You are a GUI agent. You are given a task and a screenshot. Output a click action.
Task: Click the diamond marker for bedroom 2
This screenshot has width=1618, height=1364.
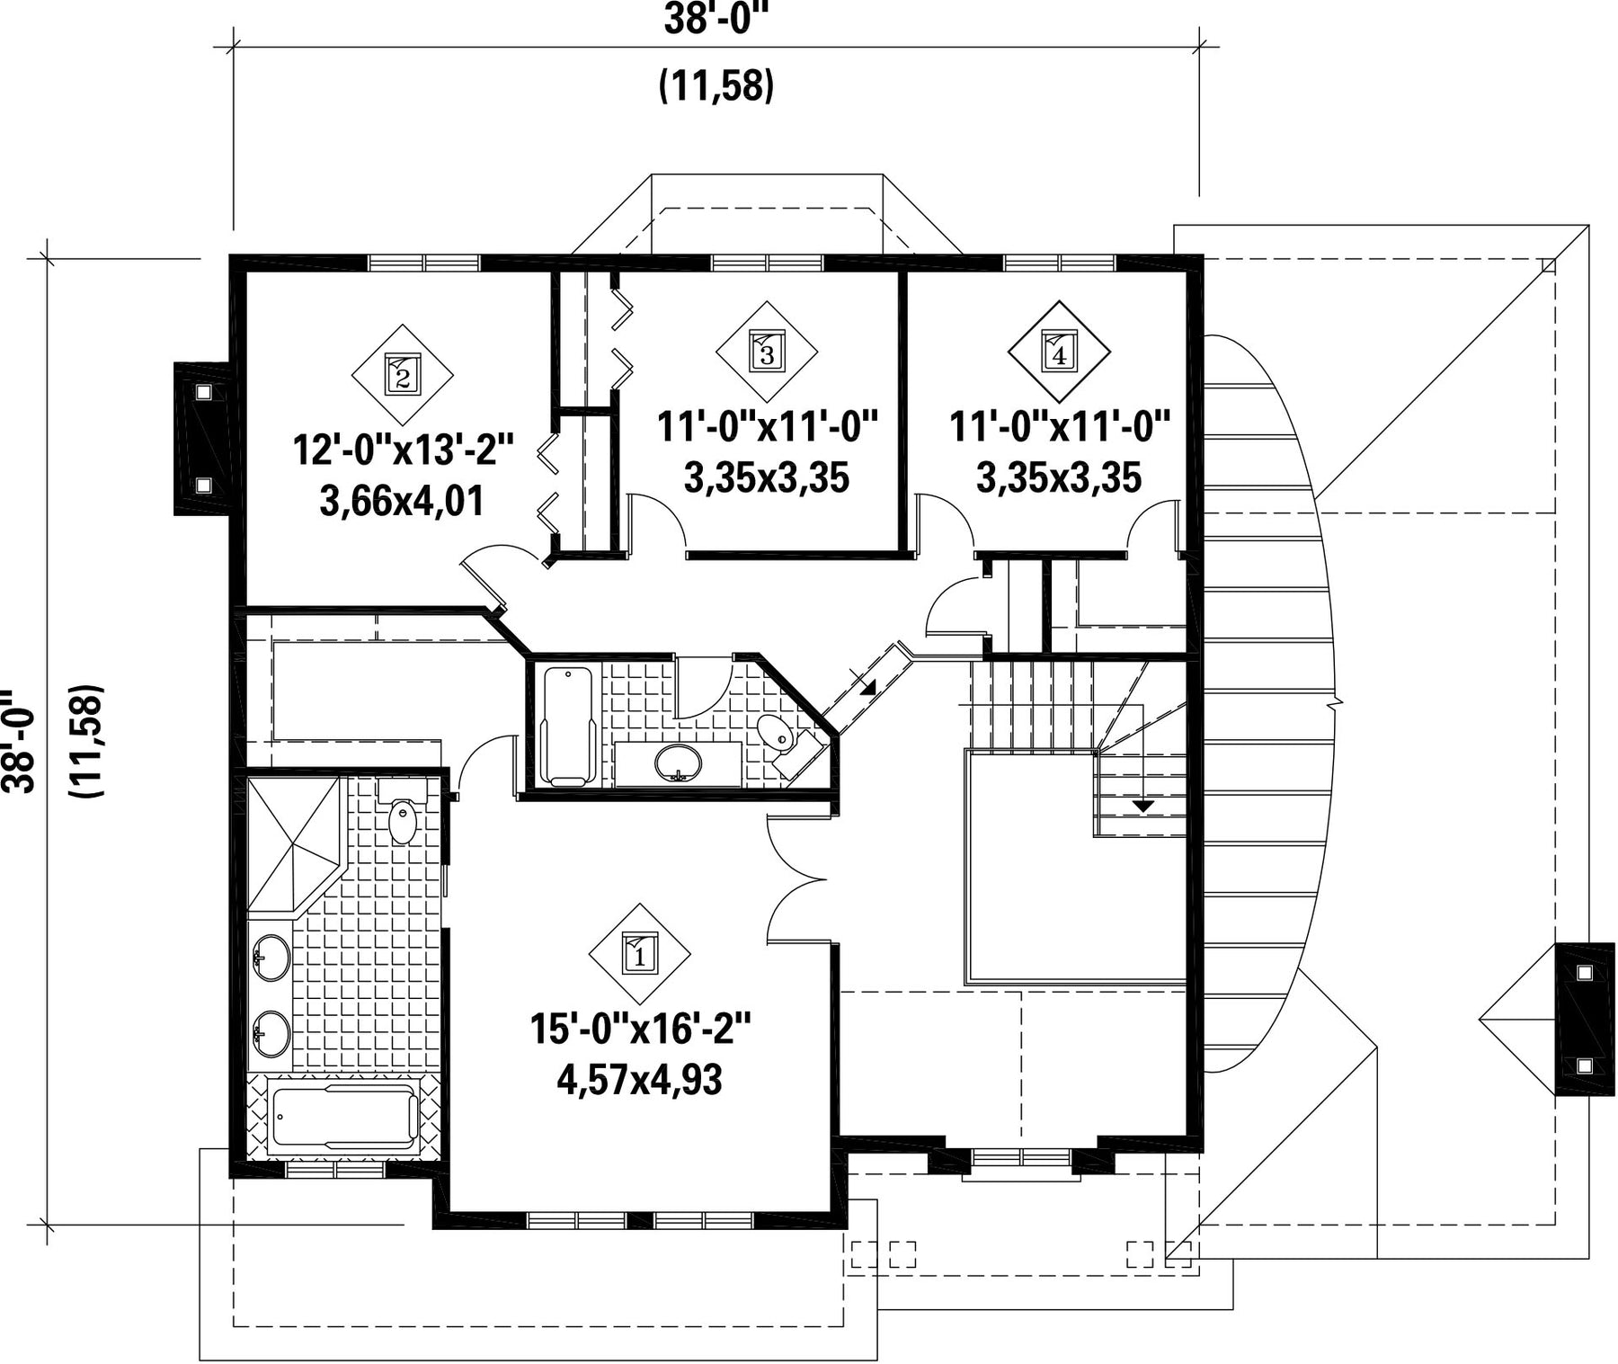[x=402, y=375]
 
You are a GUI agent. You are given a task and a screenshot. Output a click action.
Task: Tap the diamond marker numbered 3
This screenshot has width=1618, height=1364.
[x=767, y=351]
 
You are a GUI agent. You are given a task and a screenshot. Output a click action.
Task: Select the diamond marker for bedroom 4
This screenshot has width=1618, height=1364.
[x=1059, y=352]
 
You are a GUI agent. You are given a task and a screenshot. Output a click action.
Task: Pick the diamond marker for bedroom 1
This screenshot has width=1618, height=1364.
[x=640, y=955]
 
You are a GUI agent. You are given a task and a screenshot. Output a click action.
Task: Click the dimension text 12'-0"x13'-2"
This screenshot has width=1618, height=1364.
[x=403, y=450]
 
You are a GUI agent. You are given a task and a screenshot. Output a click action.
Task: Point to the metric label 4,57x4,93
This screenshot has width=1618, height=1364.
[x=639, y=1080]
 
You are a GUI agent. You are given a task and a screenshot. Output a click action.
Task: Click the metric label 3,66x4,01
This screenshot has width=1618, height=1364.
[x=402, y=501]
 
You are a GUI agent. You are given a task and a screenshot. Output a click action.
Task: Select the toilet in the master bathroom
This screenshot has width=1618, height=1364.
[x=402, y=813]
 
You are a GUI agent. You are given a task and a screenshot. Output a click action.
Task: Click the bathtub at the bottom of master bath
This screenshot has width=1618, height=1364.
[x=344, y=1117]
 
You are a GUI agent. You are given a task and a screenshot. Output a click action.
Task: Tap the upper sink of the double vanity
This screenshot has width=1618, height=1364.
[x=271, y=958]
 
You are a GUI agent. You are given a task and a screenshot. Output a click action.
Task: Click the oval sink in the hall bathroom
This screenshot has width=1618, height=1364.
[x=679, y=764]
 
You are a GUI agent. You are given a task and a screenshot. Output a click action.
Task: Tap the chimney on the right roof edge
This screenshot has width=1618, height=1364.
[x=1584, y=1018]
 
